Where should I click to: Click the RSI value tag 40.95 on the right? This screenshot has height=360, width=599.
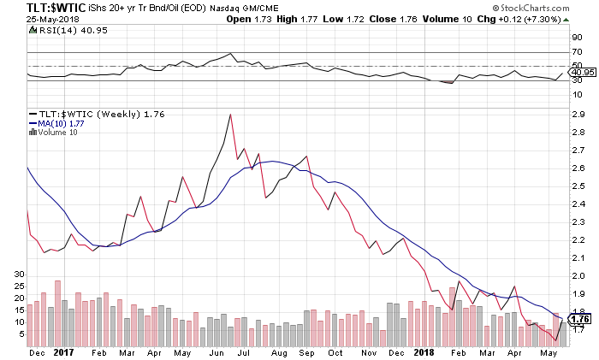click(x=583, y=73)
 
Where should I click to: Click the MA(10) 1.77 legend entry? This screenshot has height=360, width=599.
click(x=56, y=123)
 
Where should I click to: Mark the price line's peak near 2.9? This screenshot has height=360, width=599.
click(x=230, y=115)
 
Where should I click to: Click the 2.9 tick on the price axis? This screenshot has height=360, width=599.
click(x=578, y=115)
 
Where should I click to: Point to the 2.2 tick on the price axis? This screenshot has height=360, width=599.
click(x=578, y=239)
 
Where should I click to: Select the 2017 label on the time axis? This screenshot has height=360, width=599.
click(x=63, y=351)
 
